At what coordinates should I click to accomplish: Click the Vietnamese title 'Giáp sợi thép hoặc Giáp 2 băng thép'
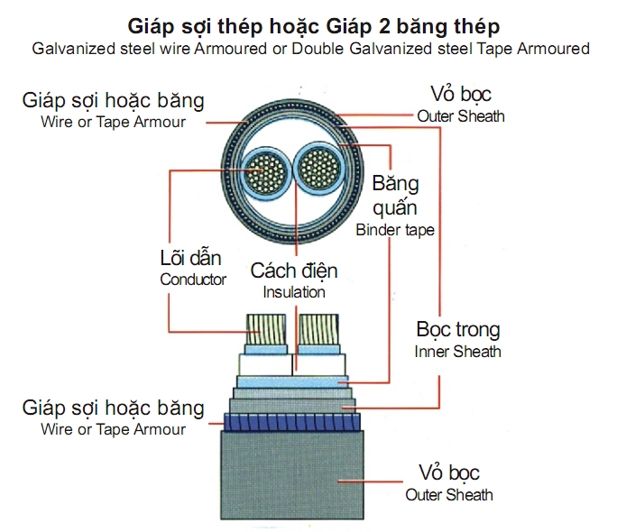coord(309,23)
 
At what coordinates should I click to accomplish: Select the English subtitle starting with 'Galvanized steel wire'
coord(309,48)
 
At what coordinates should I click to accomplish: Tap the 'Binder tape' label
coord(395,230)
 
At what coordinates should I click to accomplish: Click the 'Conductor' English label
coord(193,280)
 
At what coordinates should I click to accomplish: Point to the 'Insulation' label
coord(294,292)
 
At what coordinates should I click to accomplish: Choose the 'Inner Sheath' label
coord(458,352)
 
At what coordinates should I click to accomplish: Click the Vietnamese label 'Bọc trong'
coord(458,330)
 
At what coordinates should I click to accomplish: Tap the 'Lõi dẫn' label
coord(191,259)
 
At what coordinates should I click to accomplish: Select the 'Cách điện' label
coord(294,271)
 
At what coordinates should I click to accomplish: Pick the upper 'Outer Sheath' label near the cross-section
coord(461,116)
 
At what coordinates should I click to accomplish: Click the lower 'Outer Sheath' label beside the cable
coord(449,494)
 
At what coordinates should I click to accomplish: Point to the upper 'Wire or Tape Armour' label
coord(114,121)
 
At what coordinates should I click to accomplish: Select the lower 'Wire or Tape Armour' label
coord(114,429)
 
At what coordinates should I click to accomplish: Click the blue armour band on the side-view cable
coord(291,419)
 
